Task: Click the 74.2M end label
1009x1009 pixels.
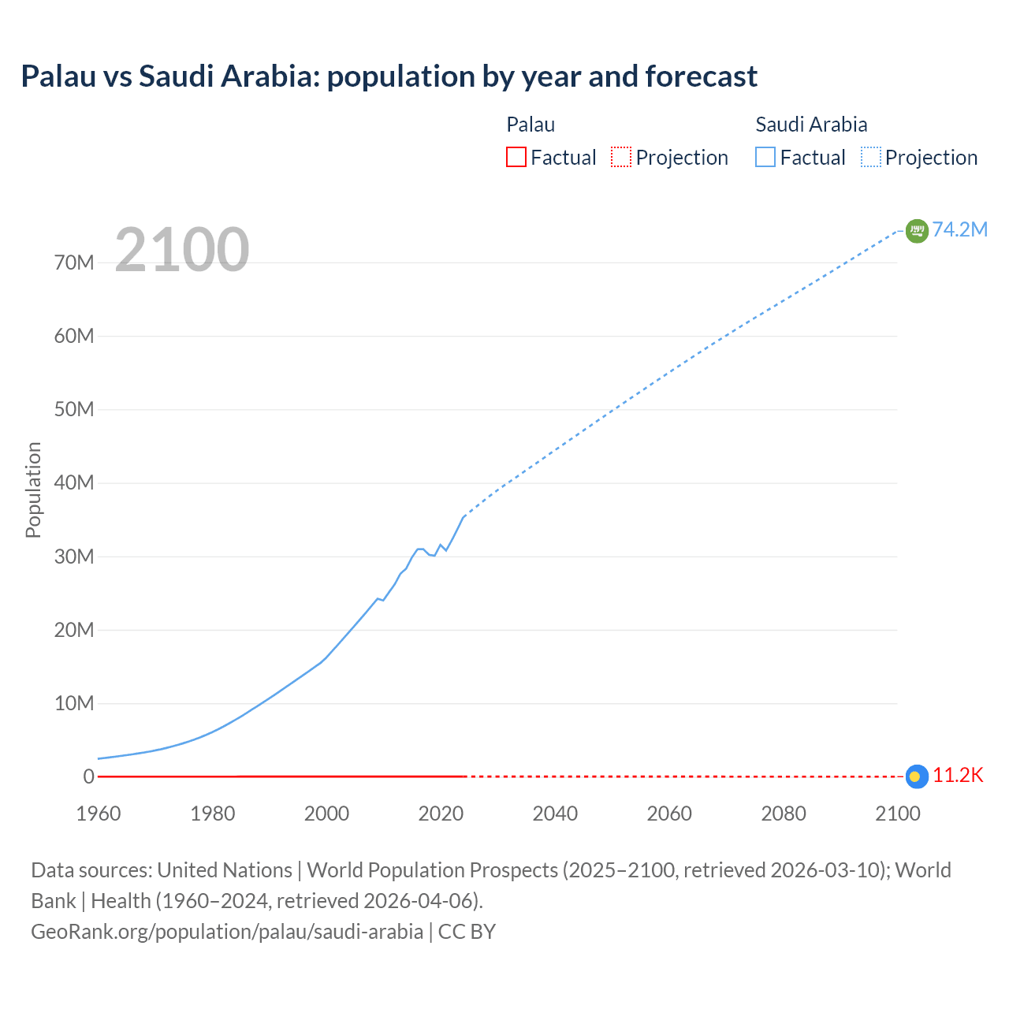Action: [959, 229]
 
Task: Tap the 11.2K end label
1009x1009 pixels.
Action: [958, 776]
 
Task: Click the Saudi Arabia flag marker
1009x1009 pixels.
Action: [917, 230]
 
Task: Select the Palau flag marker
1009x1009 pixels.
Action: [915, 776]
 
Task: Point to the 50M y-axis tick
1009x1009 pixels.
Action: [74, 410]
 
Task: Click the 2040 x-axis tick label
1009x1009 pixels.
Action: [555, 814]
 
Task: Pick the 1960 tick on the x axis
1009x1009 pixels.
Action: [99, 814]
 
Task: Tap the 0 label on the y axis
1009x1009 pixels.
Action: [88, 777]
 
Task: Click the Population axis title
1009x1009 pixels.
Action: [33, 490]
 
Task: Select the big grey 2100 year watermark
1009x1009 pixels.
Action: [182, 251]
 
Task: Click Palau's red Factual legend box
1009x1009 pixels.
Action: [516, 158]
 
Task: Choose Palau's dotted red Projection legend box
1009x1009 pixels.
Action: [621, 158]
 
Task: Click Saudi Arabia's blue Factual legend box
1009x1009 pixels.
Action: [765, 158]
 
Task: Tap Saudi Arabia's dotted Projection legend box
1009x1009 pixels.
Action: [871, 158]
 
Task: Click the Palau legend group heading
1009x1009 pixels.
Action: [531, 125]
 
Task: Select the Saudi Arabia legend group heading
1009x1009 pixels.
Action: [811, 125]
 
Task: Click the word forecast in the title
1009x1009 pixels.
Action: [701, 76]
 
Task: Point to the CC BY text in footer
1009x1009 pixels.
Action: [467, 932]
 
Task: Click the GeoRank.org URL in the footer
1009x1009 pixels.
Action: [227, 932]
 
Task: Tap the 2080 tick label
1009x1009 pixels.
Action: [784, 814]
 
